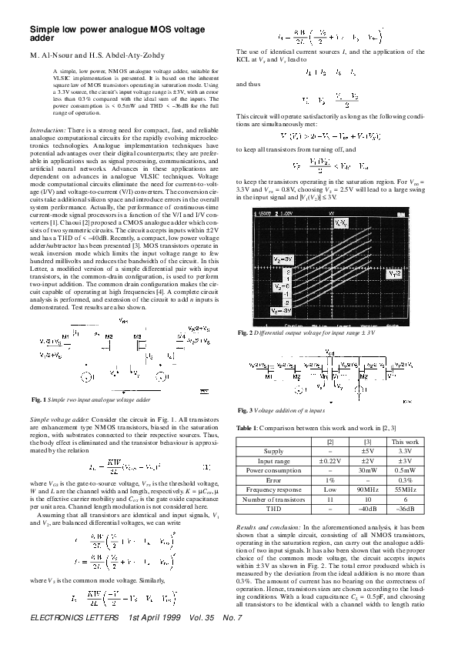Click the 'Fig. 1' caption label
[38, 401]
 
